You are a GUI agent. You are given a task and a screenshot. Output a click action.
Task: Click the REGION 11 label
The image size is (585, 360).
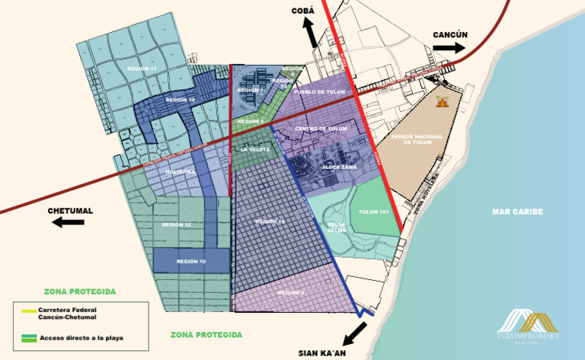point(142,68)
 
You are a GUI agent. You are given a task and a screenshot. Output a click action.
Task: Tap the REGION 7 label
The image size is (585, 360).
point(250,91)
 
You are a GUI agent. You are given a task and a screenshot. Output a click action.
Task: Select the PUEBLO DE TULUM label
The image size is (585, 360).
point(319,91)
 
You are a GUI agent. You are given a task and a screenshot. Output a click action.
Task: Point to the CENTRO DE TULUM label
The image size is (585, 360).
point(321,129)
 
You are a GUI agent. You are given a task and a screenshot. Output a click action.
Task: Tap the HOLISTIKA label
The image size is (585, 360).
point(181,172)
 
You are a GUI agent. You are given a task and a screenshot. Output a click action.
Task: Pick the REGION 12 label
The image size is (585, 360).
point(177,225)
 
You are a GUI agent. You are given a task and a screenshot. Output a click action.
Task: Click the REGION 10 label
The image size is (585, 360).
point(190,261)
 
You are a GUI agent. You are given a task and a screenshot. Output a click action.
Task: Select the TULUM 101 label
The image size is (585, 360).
point(374,211)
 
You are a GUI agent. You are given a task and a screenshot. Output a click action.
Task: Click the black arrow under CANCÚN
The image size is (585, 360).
point(449,48)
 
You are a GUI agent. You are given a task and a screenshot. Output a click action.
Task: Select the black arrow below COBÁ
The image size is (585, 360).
point(309,33)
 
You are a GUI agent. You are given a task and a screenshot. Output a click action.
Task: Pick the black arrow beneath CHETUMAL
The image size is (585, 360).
point(69,222)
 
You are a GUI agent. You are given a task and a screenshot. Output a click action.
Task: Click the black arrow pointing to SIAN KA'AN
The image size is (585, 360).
point(354,333)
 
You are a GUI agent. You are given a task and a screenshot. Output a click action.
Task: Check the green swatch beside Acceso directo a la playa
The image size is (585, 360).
point(29,337)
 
